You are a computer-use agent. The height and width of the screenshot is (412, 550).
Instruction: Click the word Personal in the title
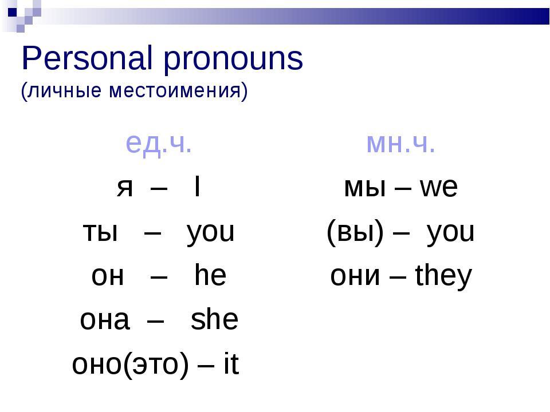coord(87,58)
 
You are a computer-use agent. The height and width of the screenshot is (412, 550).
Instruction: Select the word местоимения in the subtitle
coord(174,91)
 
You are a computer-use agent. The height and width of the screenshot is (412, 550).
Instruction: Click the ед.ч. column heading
coord(159,144)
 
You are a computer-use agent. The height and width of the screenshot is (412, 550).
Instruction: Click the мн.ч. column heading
coord(400,144)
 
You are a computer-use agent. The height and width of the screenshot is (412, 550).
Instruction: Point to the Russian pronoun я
coord(125,188)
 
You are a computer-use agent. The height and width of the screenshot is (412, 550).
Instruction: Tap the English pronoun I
coord(197,187)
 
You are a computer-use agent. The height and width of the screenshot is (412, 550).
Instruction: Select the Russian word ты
coord(100,232)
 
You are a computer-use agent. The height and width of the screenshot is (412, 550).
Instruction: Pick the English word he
coord(210,275)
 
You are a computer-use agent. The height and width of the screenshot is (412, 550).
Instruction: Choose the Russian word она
coord(105,320)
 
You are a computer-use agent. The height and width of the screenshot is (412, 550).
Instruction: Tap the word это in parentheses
coord(156,365)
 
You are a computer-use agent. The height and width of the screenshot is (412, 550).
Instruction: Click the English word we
coord(439,188)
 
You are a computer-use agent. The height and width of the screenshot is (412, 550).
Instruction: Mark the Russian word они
coord(355,276)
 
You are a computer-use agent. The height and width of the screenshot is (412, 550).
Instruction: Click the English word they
coord(443,277)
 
